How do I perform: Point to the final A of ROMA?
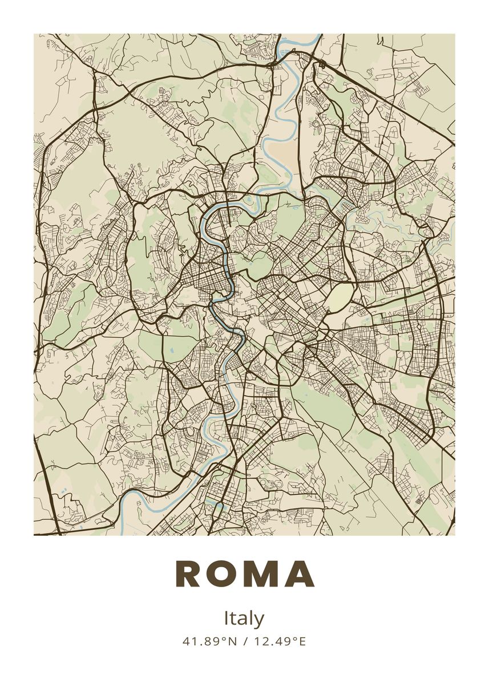300,574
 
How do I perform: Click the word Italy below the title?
244,618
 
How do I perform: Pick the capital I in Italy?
226,618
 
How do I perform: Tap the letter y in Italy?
260,620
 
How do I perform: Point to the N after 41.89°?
232,642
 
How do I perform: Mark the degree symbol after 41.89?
223,639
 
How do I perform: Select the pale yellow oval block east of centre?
340,296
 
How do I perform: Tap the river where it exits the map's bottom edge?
122,532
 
